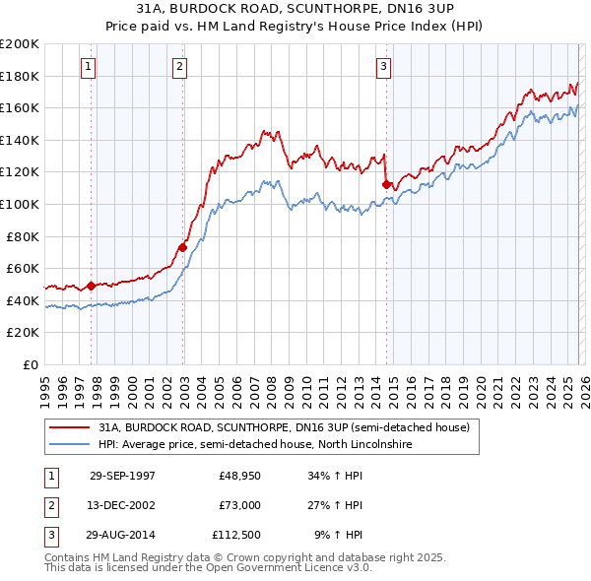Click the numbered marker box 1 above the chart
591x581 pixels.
point(89,67)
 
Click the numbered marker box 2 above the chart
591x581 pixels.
point(180,67)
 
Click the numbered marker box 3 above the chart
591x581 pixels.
point(383,67)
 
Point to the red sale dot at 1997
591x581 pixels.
point(92,286)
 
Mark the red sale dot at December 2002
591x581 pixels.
point(182,247)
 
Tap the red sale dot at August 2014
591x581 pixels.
point(386,183)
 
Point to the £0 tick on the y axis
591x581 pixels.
point(30,364)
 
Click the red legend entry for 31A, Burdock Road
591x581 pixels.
point(285,427)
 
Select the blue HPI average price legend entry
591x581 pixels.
point(254,445)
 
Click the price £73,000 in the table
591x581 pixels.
point(239,505)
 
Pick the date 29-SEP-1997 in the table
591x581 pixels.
point(122,476)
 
